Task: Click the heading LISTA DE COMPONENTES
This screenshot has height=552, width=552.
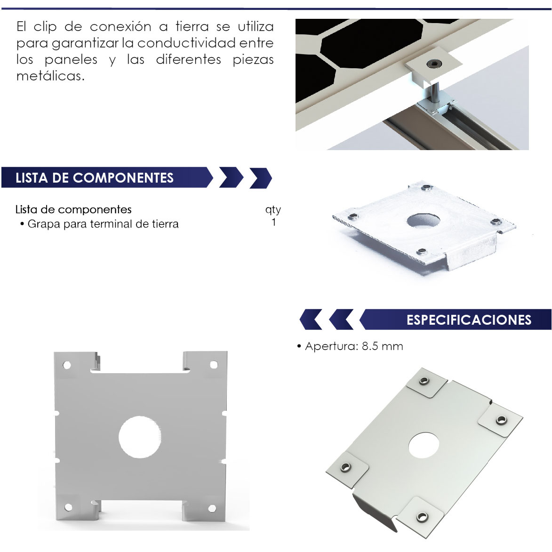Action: point(94,178)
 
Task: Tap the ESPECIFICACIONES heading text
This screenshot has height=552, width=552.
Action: point(469,320)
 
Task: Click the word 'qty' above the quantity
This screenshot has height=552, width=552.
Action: point(273,209)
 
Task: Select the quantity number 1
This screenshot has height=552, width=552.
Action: point(273,223)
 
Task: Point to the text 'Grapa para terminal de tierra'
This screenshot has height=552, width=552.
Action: point(103,224)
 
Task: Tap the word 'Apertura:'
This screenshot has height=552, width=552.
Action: point(331,346)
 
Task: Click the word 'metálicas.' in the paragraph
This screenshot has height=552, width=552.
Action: point(51,76)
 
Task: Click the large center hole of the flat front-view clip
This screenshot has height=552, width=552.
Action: point(140,437)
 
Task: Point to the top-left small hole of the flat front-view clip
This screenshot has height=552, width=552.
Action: point(66,365)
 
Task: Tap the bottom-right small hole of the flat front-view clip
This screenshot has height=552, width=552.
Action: point(212,508)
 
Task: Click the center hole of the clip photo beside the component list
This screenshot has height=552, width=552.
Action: point(423,221)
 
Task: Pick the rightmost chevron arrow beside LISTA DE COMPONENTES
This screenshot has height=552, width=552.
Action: point(261,178)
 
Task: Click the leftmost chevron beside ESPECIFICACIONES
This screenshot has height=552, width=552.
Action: point(311,320)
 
